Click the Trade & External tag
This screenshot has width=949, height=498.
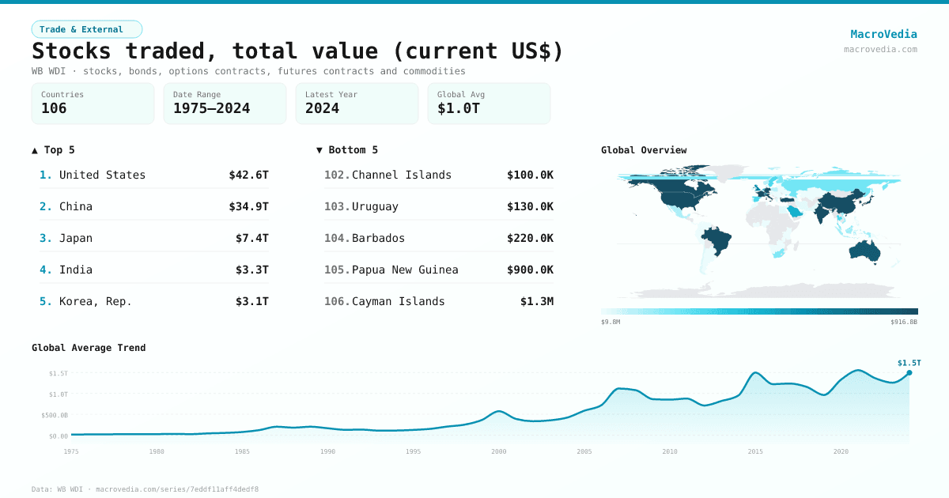pos(86,29)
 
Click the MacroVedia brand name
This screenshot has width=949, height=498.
pos(883,34)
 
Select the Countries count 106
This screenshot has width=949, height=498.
pos(54,108)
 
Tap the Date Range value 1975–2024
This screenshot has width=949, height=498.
pos(211,108)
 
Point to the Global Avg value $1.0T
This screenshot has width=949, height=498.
pos(458,108)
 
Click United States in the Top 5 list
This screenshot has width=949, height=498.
pos(102,175)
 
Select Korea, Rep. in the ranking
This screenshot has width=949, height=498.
pos(95,301)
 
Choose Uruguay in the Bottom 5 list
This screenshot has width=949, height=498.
pos(375,206)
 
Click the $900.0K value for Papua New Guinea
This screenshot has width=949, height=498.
pos(530,270)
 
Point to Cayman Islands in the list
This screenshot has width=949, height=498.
pos(398,301)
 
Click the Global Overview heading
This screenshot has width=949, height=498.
pos(644,150)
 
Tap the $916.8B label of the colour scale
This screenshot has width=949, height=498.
pos(903,322)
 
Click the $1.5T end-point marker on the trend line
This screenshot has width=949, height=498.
pos(909,372)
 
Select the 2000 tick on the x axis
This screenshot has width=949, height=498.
pos(499,451)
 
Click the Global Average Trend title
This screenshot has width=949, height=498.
pos(89,348)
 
